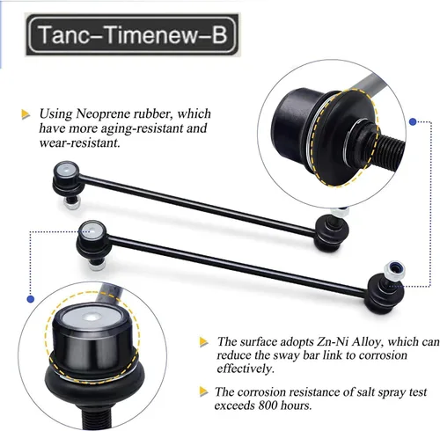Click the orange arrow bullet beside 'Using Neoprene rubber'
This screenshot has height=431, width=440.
26,114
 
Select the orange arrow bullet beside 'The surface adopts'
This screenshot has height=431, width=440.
204,342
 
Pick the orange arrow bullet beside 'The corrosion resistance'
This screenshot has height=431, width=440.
204,391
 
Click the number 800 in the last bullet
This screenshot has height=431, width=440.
268,405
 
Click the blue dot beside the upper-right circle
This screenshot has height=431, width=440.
413,121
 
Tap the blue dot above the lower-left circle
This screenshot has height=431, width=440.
31,299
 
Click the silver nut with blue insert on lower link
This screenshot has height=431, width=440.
394,269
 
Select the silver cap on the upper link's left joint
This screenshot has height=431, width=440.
66,170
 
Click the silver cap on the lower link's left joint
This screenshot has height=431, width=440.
92,230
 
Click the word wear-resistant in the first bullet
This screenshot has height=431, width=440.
80,143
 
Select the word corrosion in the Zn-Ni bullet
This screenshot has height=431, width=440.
383,355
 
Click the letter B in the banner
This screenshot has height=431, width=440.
219,34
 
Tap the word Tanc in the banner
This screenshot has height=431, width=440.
62,34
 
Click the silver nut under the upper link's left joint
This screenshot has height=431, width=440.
71,203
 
